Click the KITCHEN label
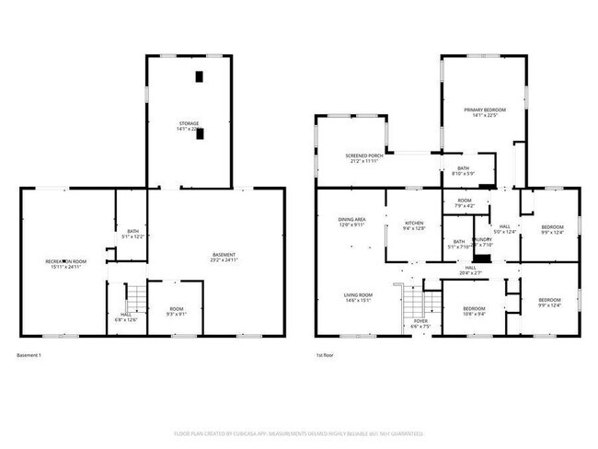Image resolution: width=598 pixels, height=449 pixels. pyautogui.click(x=413, y=226)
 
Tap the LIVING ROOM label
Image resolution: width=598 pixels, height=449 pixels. pyautogui.click(x=358, y=297)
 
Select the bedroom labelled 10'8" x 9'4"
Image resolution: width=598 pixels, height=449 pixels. pyautogui.click(x=474, y=311)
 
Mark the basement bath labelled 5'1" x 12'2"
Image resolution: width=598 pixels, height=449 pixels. pyautogui.click(x=132, y=234)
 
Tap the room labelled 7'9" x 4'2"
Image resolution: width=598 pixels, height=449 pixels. pyautogui.click(x=464, y=203)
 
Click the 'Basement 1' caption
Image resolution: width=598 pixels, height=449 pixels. pyautogui.click(x=29, y=355)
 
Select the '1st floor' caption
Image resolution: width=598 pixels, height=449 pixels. pyautogui.click(x=324, y=355)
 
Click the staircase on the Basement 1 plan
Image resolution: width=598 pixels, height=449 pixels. pyautogui.click(x=136, y=296)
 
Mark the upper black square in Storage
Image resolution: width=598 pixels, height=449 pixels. pyautogui.click(x=200, y=77)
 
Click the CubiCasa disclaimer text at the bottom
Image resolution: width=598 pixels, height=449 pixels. pyautogui.click(x=299, y=432)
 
